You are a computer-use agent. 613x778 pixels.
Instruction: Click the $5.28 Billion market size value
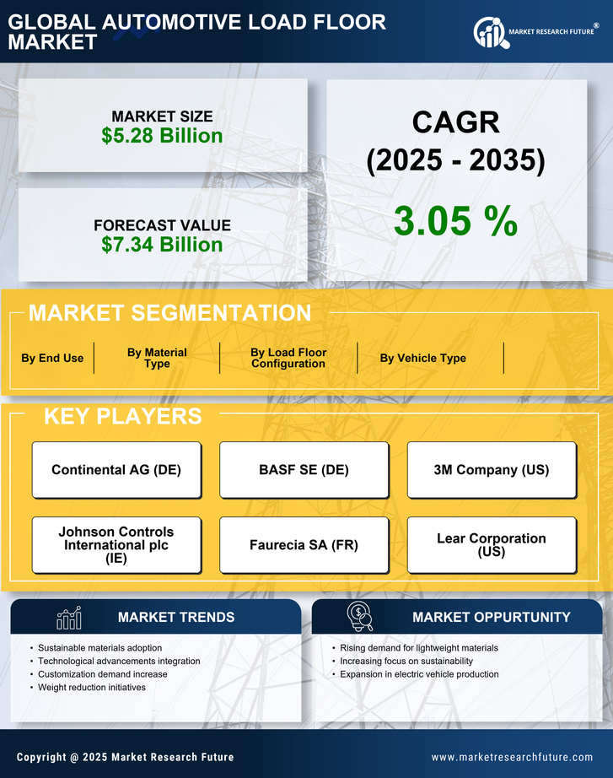coord(162,136)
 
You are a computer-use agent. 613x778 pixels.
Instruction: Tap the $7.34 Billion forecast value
coord(162,245)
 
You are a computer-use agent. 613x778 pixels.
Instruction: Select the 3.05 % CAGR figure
coord(455,221)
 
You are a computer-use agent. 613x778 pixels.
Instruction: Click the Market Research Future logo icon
coord(490,32)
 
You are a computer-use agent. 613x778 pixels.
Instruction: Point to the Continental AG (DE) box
coord(116,470)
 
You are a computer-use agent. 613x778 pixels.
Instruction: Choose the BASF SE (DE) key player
coord(304,470)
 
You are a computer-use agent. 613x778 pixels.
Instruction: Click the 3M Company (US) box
coord(492,470)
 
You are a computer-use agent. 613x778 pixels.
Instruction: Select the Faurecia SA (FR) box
coord(304,545)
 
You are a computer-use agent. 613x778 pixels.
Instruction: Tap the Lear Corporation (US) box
coord(492,545)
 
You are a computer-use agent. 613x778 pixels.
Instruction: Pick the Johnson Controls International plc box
coord(116,545)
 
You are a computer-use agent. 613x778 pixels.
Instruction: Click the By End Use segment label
coord(52,358)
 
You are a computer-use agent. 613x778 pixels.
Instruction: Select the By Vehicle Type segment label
coord(422,358)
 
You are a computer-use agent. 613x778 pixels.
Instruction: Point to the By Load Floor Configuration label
coord(288,358)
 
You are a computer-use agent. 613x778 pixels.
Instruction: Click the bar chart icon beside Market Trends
coord(68,618)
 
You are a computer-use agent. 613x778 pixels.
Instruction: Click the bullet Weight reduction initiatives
coord(92,688)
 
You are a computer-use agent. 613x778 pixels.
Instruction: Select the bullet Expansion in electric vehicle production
coord(419,674)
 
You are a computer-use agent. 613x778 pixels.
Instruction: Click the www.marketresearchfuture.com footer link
coord(512,757)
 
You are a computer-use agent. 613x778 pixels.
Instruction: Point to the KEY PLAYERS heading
coord(122,416)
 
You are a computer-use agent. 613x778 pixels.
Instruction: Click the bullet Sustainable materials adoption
coord(100,648)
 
